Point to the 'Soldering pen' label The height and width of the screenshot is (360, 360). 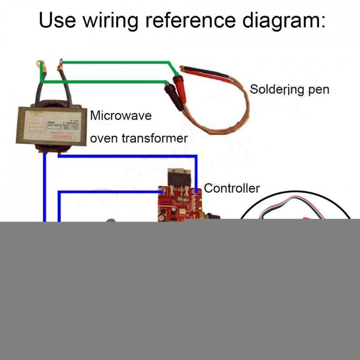tap(289, 89)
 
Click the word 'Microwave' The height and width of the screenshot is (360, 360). tap(121, 116)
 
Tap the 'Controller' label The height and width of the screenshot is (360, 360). tap(232, 188)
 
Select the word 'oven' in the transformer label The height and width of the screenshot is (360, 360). tap(103, 138)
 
